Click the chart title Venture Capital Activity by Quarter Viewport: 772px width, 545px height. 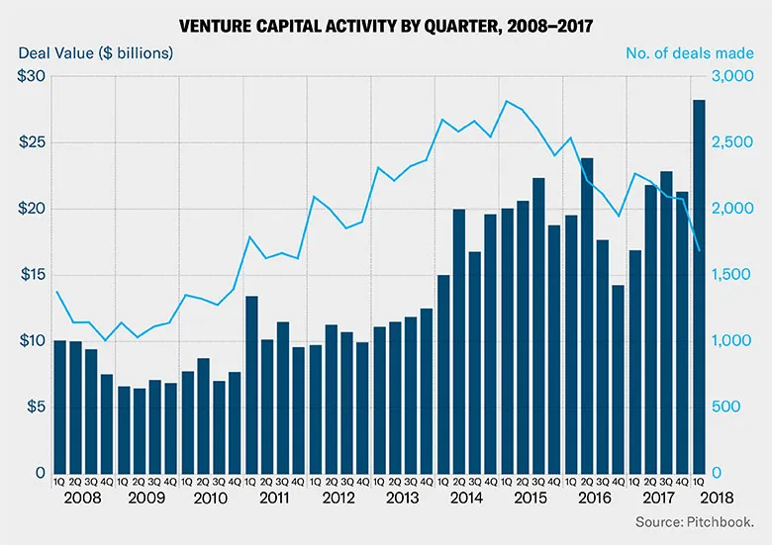[x=386, y=22]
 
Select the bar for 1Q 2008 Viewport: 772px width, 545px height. [x=59, y=407]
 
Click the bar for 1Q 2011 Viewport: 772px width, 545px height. [x=251, y=385]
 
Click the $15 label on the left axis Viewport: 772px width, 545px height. [x=32, y=275]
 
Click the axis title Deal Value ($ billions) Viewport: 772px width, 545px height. [x=95, y=52]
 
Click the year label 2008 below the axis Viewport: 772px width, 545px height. [x=84, y=499]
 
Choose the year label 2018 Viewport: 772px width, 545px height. [x=714, y=499]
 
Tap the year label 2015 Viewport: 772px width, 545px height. [x=531, y=499]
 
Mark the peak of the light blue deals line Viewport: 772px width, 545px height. [x=507, y=101]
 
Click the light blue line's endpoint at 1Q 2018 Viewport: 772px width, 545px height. [x=699, y=250]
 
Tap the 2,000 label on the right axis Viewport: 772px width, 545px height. [x=733, y=210]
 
